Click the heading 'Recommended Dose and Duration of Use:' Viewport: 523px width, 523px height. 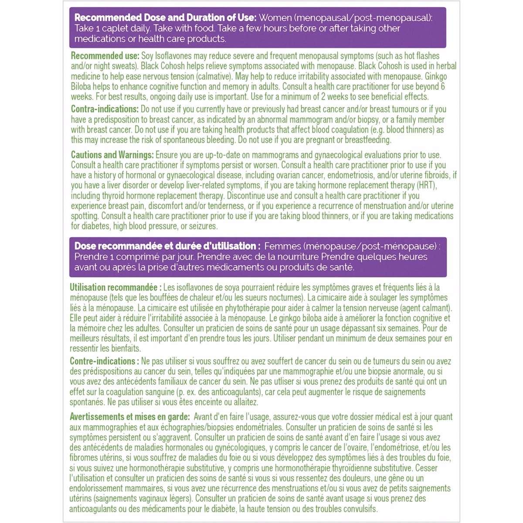(x=165, y=17)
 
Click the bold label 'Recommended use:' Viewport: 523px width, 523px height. (x=105, y=56)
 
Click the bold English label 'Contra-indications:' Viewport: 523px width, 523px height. (x=105, y=109)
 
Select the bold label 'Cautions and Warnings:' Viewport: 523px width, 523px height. (x=112, y=155)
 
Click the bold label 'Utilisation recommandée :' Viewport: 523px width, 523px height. (x=115, y=288)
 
